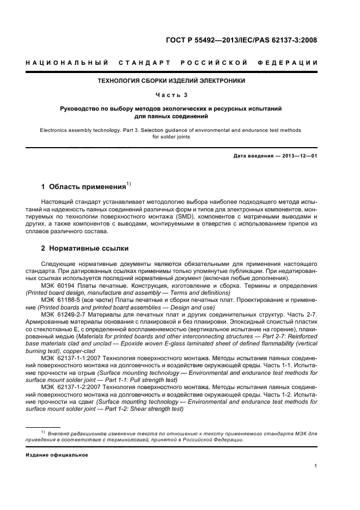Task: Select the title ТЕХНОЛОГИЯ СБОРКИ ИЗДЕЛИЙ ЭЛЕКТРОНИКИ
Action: (x=171, y=81)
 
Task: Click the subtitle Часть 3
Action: (x=171, y=95)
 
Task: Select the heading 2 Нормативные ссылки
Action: (x=85, y=248)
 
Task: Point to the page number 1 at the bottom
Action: (x=316, y=466)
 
